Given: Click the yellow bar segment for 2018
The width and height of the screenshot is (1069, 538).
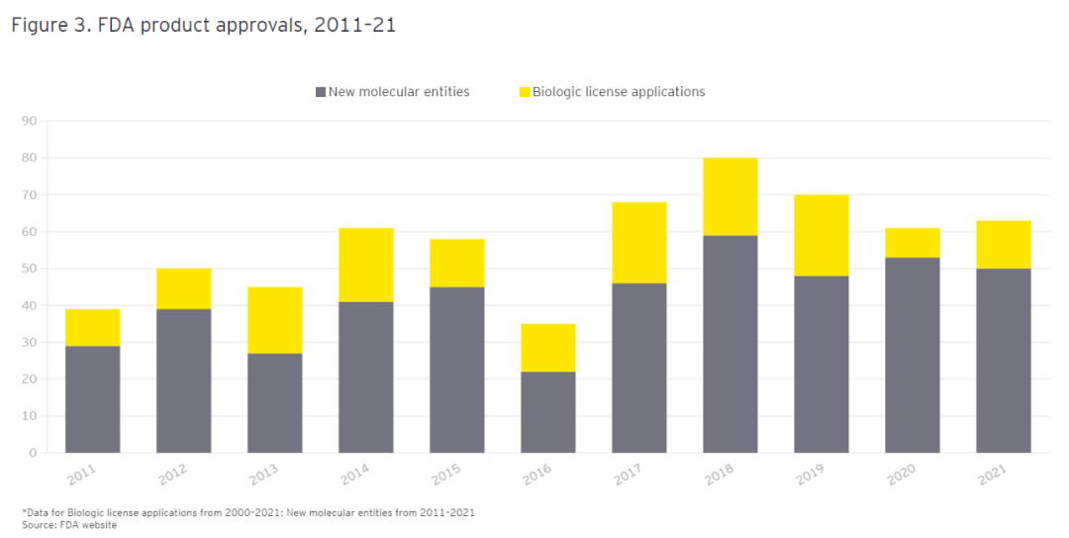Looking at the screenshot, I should [729, 196].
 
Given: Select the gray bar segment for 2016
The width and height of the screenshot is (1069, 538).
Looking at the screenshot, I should [547, 412].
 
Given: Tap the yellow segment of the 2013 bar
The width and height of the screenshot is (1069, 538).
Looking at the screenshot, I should [274, 320].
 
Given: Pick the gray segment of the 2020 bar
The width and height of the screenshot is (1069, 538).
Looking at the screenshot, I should [912, 355].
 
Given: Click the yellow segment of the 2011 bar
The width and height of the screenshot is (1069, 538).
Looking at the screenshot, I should [92, 327].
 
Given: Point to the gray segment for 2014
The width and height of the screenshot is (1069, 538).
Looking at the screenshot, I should [365, 377].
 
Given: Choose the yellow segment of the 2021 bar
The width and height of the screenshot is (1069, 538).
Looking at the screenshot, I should [1003, 244].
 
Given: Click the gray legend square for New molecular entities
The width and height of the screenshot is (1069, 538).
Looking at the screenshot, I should [320, 92].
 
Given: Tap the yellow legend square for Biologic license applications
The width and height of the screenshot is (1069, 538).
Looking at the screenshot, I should [524, 92].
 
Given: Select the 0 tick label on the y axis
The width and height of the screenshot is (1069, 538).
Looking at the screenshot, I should [32, 453].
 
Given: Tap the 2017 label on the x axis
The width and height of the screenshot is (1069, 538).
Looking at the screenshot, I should [628, 476].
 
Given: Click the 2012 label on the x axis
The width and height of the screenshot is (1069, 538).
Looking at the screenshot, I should [172, 476].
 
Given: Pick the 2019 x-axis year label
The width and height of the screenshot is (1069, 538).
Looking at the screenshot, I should [810, 476].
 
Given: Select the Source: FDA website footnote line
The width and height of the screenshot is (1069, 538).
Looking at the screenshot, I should [69, 525].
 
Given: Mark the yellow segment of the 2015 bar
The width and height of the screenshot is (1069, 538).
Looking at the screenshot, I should [456, 263].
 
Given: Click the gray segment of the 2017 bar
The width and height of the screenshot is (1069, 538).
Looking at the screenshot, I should [638, 368].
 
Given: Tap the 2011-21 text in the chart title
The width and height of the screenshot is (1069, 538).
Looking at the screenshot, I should [354, 26].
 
